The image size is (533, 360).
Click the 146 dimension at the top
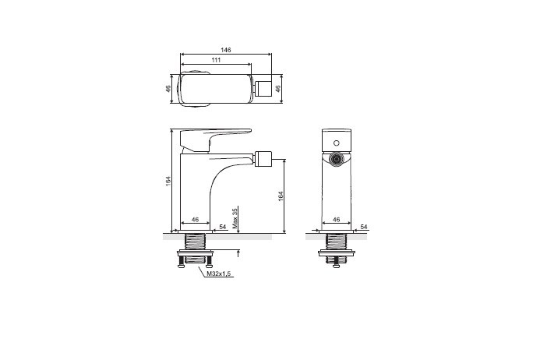226,50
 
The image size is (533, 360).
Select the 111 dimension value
216,60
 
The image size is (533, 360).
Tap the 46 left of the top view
168,89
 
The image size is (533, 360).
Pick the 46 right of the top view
277,89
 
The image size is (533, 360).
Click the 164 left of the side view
168,181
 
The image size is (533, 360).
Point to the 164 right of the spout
281,196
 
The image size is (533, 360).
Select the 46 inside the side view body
195,220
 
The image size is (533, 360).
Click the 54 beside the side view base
223,227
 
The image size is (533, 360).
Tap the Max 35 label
235,218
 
